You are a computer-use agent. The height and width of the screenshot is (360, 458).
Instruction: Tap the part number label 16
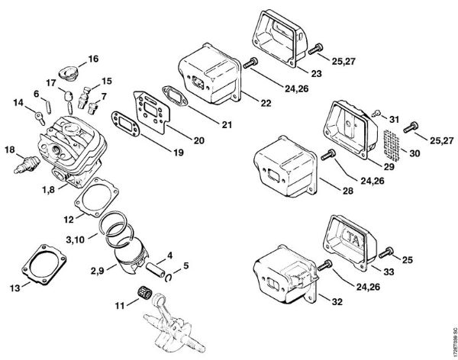pos(93,59)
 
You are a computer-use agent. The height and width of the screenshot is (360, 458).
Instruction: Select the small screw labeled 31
pos(376,114)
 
